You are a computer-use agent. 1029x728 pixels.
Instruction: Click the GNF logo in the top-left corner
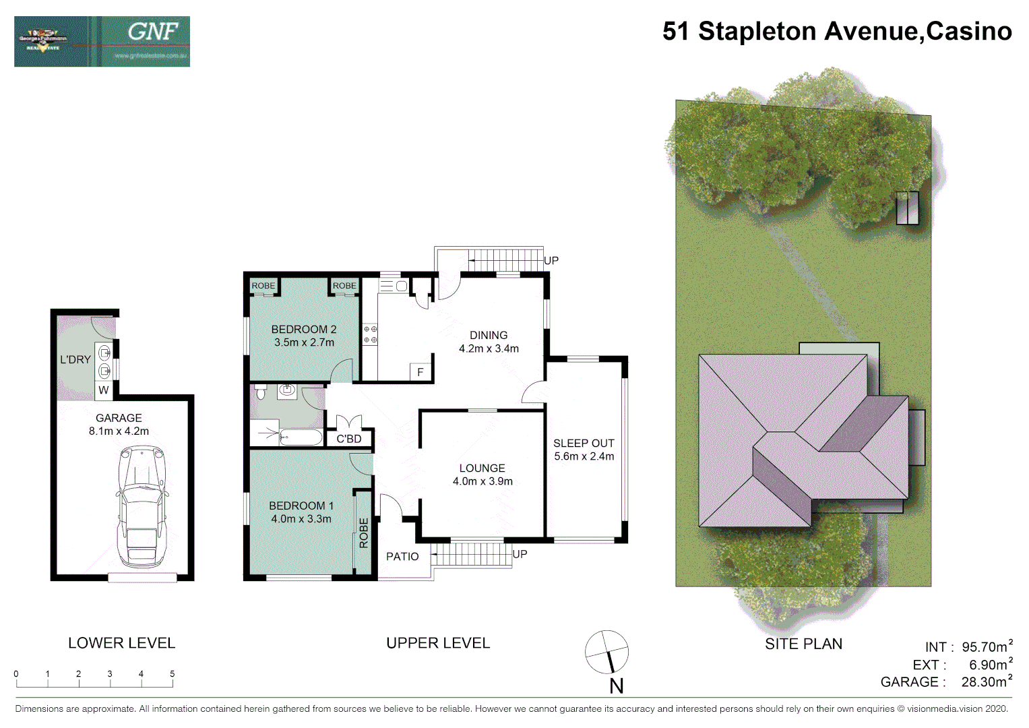102,42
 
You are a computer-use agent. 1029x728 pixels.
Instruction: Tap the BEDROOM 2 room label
303,330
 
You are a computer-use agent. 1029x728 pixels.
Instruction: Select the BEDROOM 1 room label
301,506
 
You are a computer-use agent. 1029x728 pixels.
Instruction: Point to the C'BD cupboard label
349,439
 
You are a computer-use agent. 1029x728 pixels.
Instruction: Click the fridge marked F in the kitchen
420,372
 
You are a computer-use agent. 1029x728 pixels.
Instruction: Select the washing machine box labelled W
103,390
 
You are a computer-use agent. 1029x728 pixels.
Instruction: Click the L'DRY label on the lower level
75,360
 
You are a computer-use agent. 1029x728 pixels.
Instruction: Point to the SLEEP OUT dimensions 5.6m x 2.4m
584,456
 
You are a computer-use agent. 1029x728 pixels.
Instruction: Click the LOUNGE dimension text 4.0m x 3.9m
482,481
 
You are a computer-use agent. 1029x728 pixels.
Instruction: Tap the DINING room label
489,335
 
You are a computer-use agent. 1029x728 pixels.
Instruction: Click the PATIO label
402,557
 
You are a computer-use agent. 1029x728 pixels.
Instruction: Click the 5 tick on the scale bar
173,674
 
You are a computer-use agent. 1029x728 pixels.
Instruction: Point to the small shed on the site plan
907,208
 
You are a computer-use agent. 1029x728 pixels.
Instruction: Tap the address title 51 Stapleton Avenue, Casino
836,32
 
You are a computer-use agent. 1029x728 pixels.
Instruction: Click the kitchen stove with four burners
370,334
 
